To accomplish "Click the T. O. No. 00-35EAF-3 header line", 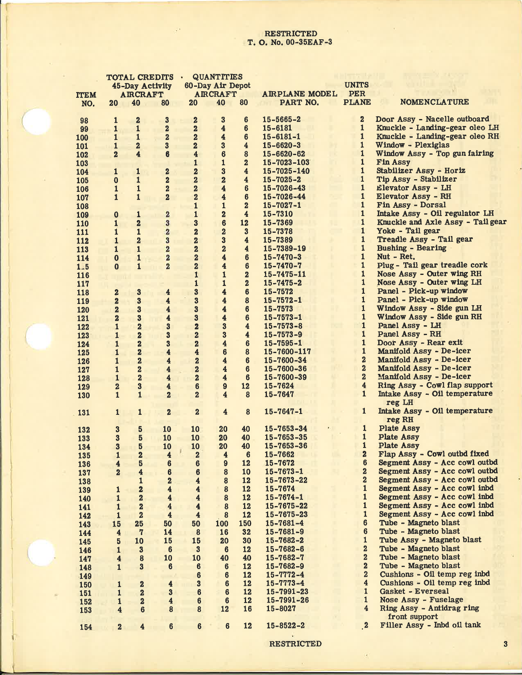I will (289, 42).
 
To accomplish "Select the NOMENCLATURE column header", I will (434, 102).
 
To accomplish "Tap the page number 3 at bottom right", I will (506, 644).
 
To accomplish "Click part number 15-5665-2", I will (282, 119).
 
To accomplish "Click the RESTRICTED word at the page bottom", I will (295, 643).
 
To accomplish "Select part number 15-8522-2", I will (285, 625).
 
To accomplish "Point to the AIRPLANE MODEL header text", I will (300, 94).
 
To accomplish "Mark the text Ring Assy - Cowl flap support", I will (435, 385).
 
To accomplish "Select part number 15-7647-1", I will (284, 411).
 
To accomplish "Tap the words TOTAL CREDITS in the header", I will (140, 77).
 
